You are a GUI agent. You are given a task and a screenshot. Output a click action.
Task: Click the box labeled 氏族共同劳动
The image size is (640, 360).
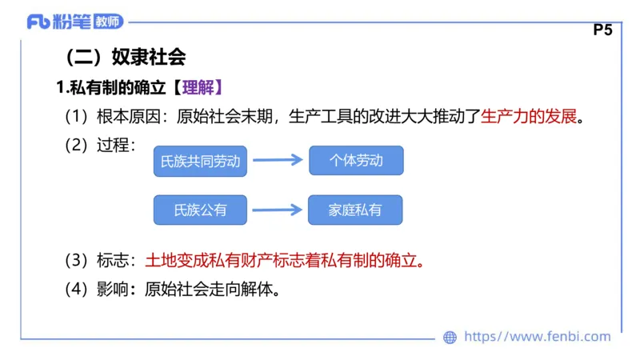coord(200,161)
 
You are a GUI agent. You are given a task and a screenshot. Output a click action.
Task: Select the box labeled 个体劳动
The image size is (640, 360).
coord(356,161)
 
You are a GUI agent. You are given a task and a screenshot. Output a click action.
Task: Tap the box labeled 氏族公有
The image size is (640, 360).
coord(200,210)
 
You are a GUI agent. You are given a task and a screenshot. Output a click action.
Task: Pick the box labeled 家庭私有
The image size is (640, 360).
coord(355,210)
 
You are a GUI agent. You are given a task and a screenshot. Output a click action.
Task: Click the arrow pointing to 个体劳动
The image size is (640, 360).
coord(277,161)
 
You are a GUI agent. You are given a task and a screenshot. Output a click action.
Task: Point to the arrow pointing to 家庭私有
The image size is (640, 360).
coord(277,210)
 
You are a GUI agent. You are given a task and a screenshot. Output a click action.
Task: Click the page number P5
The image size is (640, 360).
coord(603,30)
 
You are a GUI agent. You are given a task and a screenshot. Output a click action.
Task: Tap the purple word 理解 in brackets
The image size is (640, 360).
coord(197,87)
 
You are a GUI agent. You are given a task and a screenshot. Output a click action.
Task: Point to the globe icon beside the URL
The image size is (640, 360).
coord(450,337)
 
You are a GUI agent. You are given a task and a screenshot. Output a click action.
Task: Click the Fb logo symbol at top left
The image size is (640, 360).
coord(38,22)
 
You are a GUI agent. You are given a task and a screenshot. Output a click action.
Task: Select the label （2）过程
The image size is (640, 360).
coord(99,146)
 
